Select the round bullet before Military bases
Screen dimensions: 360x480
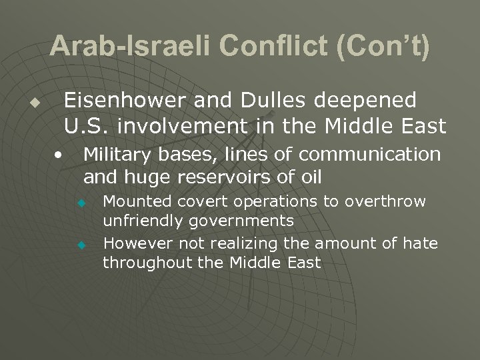click(59, 155)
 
